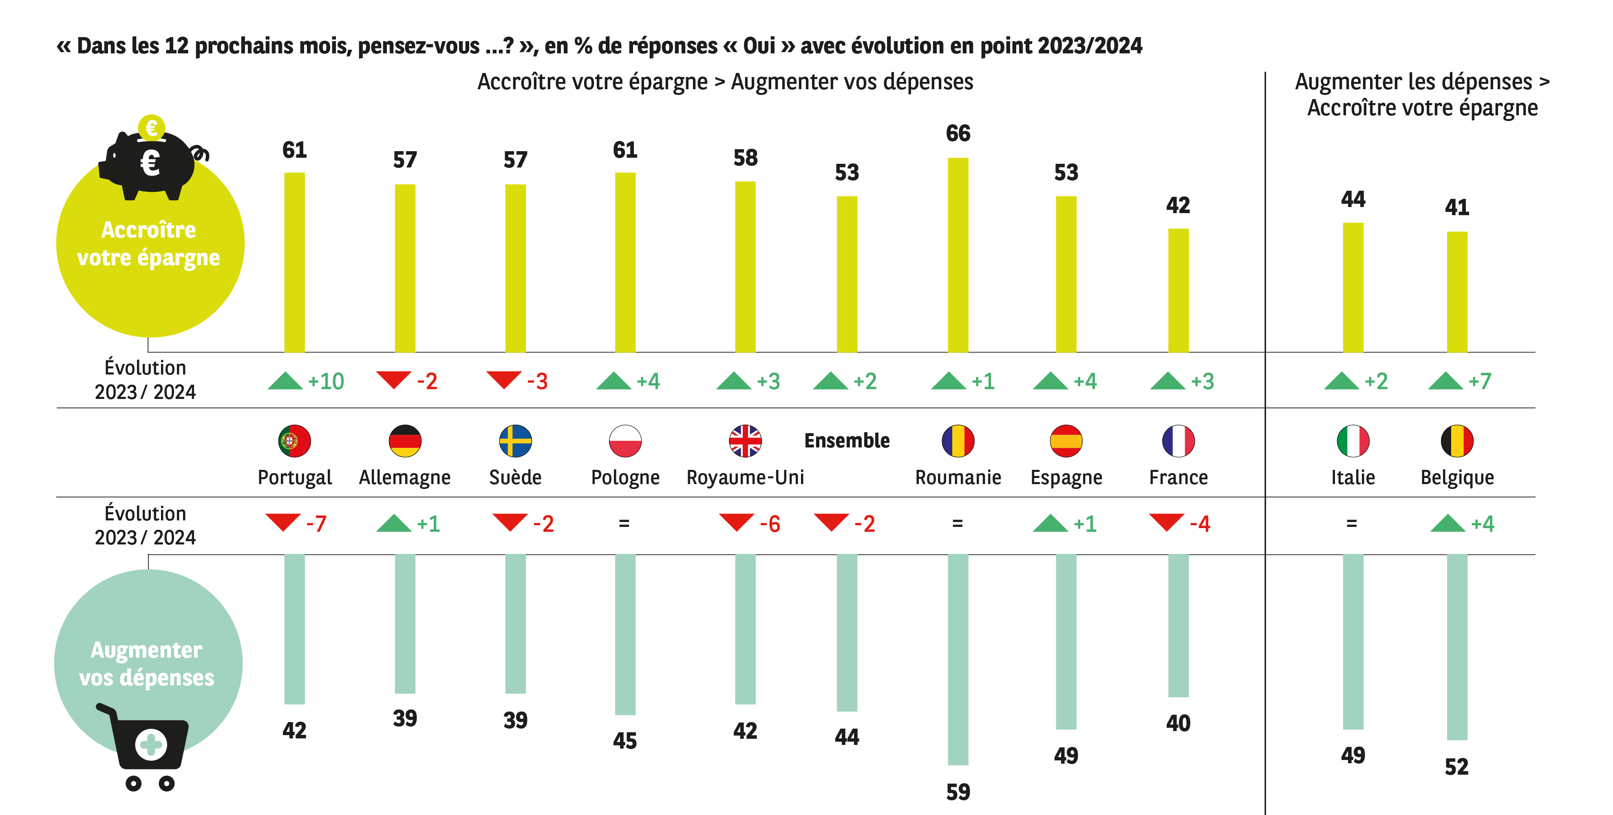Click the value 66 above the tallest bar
[x=958, y=133]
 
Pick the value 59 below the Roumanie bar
[x=958, y=792]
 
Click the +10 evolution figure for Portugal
[x=326, y=381]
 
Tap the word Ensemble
[x=847, y=441]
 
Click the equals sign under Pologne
[x=624, y=523]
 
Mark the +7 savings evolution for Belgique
[x=1480, y=381]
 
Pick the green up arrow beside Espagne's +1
[x=1050, y=523]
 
